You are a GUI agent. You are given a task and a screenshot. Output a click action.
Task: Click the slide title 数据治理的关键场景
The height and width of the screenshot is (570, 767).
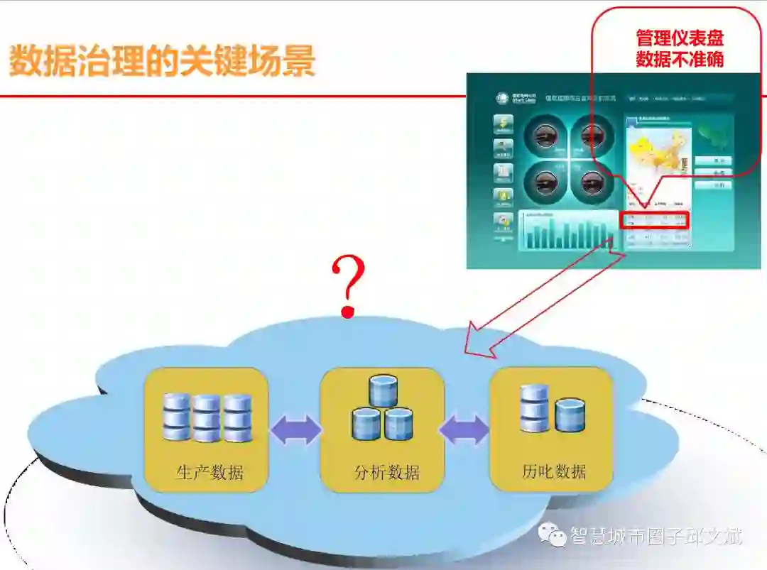pos(162,61)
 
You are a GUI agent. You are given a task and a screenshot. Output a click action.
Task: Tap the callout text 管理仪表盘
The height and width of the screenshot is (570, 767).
pos(680,38)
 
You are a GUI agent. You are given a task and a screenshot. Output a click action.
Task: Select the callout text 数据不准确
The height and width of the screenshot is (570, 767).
pos(680,59)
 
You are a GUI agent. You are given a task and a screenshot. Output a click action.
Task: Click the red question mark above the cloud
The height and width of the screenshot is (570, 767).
pos(349,286)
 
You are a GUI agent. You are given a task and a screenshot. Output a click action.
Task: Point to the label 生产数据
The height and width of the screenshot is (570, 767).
pos(210,472)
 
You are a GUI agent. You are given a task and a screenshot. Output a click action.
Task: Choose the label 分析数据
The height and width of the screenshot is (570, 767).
pos(386,472)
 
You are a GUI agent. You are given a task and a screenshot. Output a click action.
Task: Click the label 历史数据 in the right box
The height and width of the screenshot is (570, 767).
pos(554,471)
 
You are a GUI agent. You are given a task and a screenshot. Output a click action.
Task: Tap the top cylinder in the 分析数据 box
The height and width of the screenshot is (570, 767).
pos(383,391)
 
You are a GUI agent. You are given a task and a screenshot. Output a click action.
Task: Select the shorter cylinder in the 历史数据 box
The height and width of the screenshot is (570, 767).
pos(570,415)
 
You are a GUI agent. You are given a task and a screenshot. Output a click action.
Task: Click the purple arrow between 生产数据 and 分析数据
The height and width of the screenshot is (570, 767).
pos(295,430)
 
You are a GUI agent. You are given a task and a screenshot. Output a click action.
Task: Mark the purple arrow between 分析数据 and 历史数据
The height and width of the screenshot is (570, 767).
pos(464,429)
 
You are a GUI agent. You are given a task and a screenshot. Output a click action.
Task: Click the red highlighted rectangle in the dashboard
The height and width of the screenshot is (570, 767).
pos(654,219)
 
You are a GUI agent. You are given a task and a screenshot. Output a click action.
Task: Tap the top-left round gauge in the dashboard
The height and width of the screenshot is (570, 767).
pos(545,134)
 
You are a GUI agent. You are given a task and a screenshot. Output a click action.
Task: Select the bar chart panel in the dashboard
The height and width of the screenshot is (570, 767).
pos(568,230)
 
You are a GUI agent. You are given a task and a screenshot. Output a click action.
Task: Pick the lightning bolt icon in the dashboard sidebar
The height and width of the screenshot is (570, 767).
pos(504,124)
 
